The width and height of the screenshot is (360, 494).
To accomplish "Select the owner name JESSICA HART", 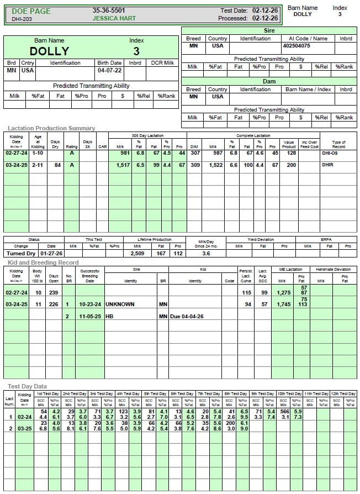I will point(114,18).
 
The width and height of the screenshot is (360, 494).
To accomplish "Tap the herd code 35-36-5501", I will point(109,10).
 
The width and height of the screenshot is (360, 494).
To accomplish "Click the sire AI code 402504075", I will point(298,46).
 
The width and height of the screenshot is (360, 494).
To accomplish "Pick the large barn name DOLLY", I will point(49,51).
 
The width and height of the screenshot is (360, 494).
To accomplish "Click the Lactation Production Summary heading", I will point(51,128).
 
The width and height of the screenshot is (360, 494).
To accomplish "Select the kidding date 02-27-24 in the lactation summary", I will point(17,153).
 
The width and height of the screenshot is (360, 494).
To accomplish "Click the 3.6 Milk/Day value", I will point(206,253).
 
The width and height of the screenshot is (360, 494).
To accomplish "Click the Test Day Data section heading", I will point(27,386).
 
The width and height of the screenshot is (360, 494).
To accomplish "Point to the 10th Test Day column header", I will point(289,393).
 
